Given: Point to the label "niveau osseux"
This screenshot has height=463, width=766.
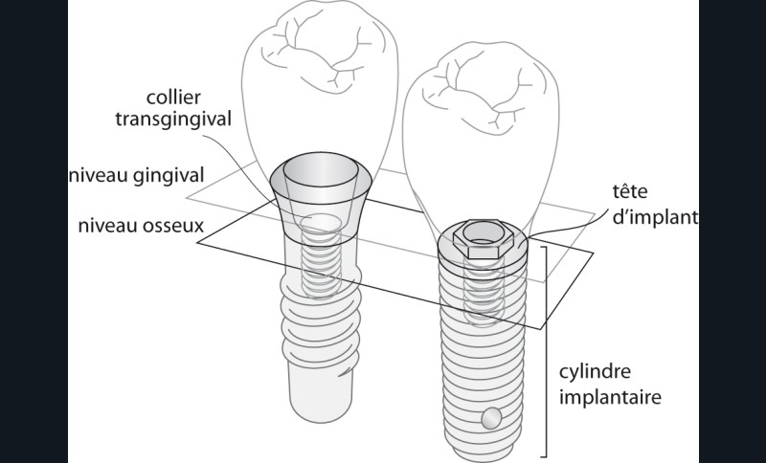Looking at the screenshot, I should point(146,229).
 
